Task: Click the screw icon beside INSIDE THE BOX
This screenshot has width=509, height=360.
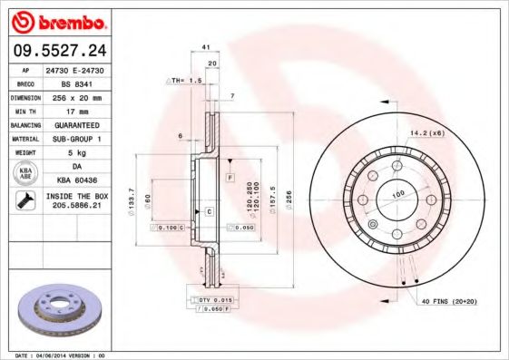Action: point(25,200)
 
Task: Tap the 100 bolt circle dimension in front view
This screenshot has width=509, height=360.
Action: point(396,195)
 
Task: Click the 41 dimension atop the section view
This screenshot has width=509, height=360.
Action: point(206,46)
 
